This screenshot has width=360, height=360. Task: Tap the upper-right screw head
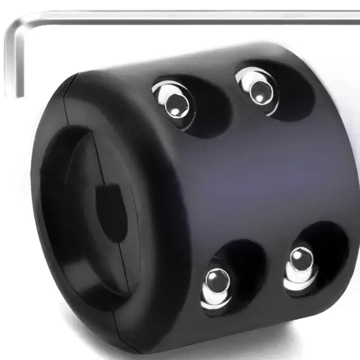pos(258,89)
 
